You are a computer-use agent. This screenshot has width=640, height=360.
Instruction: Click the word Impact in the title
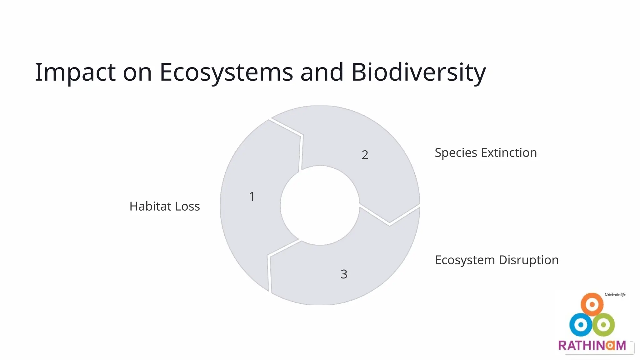[75, 72]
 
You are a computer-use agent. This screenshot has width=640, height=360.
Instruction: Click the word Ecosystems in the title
[226, 72]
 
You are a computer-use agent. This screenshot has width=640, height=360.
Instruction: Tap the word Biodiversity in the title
[418, 72]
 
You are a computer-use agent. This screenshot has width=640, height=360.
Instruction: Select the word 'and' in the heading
[322, 72]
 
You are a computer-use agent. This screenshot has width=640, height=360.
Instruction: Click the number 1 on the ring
[252, 197]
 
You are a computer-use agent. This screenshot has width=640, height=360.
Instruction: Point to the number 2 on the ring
[365, 155]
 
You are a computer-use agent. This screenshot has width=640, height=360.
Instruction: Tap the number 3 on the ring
[344, 274]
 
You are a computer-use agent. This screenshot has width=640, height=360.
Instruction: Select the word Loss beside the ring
[187, 206]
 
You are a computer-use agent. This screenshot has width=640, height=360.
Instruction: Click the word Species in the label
[456, 153]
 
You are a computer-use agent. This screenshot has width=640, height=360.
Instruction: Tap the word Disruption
[528, 260]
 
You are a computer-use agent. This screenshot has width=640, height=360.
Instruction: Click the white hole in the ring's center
[320, 205]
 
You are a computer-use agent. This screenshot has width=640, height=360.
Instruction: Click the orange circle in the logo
[592, 304]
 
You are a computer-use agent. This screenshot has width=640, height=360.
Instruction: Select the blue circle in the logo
[581, 325]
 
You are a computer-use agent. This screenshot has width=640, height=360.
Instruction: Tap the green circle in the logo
[604, 325]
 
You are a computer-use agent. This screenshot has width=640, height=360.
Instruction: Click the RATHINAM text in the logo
[592, 345]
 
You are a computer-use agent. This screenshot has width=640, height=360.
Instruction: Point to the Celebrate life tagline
[615, 294]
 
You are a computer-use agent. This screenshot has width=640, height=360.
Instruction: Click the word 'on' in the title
[137, 72]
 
